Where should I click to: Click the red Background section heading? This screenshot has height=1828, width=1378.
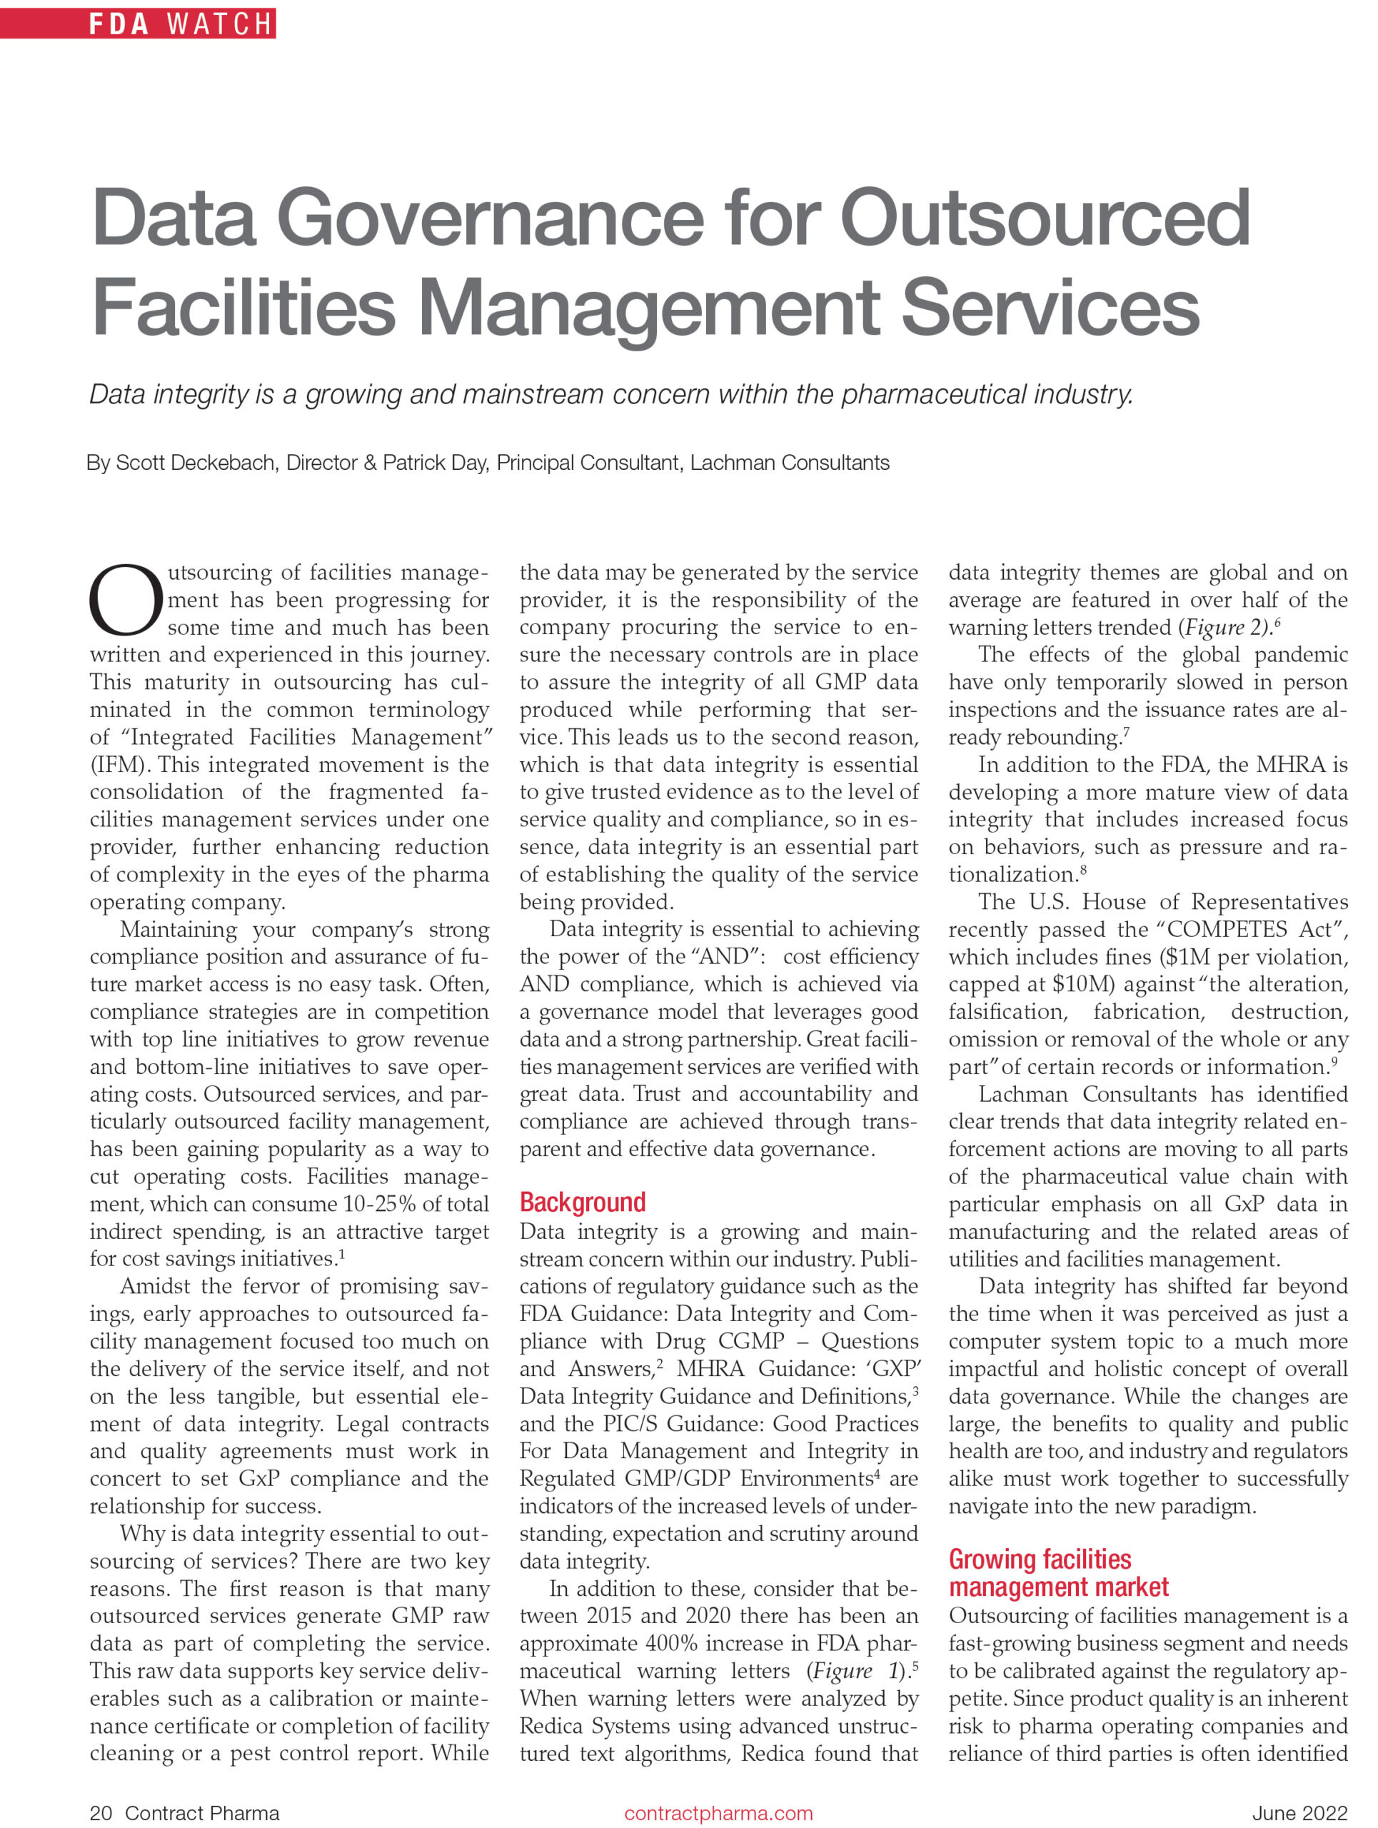click(583, 1202)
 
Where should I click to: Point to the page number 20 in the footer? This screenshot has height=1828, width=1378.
click(101, 1813)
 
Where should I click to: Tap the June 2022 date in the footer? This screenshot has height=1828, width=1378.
click(1299, 1813)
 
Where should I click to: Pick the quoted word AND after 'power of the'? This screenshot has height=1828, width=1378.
click(720, 957)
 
